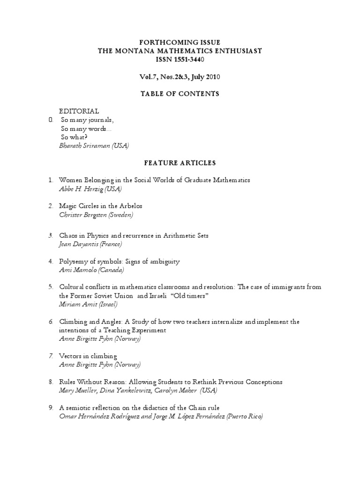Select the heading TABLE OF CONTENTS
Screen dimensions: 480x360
click(180, 94)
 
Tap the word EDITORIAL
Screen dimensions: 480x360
click(79, 111)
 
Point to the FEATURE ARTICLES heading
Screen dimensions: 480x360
click(180, 163)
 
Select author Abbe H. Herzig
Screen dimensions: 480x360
click(81, 188)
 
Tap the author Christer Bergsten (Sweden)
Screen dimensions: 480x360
click(96, 214)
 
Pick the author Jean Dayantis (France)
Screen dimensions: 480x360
click(90, 244)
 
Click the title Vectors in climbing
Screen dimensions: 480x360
click(88, 356)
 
